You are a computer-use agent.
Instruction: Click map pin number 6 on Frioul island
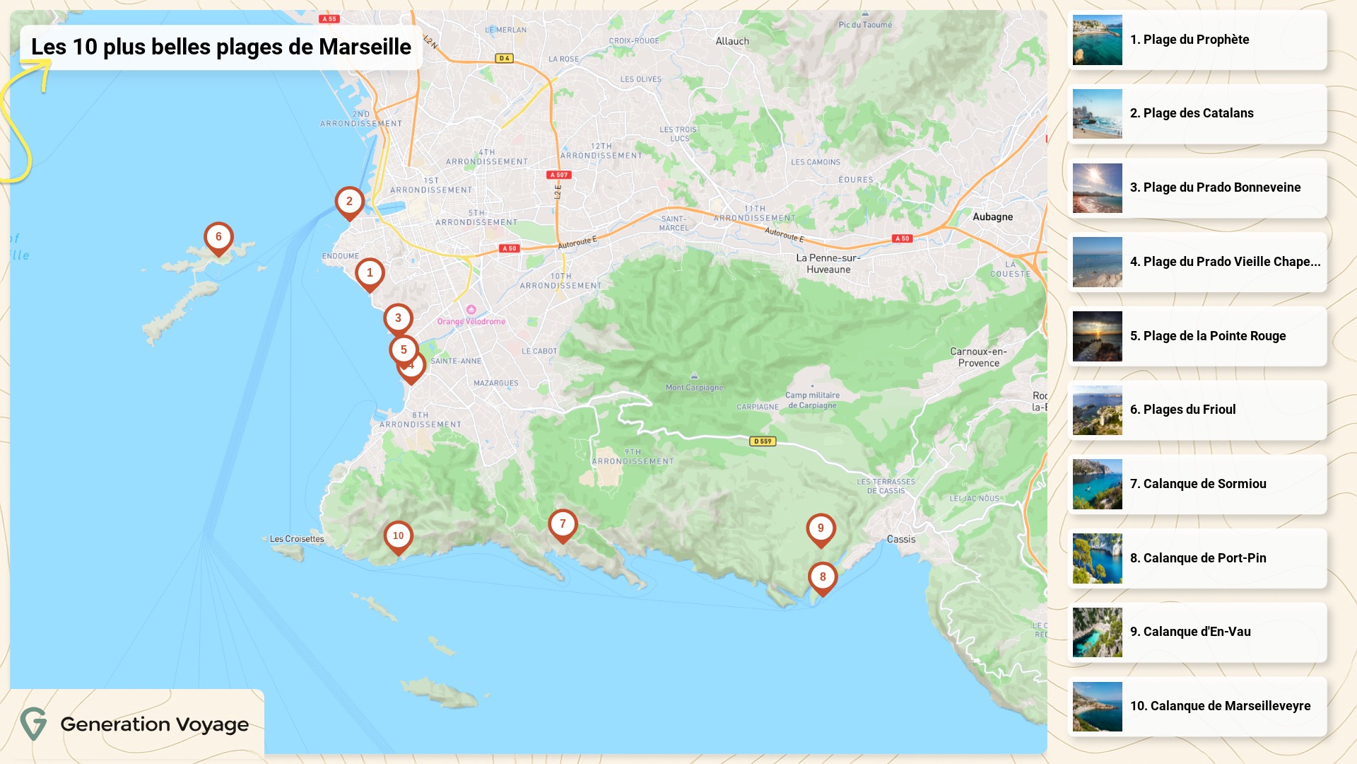[x=218, y=238]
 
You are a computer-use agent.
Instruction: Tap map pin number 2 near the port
[x=349, y=202]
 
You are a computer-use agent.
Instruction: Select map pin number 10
[x=398, y=536]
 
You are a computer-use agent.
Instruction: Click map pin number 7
[x=563, y=525]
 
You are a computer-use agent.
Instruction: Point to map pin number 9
[x=821, y=528]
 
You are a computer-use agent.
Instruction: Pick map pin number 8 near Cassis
[x=823, y=577]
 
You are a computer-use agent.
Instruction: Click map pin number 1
[x=370, y=273]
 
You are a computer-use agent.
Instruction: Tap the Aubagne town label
[x=992, y=217]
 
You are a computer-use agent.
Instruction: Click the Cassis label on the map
[x=901, y=539]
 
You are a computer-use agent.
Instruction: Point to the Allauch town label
[x=732, y=41]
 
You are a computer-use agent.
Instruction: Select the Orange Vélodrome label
[x=471, y=321]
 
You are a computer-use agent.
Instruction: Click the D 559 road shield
[x=763, y=441]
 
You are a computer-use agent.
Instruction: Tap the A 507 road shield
[x=559, y=175]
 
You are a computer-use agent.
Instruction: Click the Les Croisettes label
[x=297, y=539]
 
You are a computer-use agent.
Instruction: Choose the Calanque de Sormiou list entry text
[x=1204, y=484]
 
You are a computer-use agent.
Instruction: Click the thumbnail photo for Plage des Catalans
[x=1097, y=114]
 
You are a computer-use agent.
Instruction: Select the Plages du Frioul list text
[x=1189, y=410]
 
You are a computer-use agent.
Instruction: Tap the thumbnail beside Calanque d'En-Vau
[x=1097, y=632]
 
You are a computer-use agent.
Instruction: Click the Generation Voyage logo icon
[x=33, y=724]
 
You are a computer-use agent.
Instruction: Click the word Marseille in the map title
[x=365, y=47]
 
